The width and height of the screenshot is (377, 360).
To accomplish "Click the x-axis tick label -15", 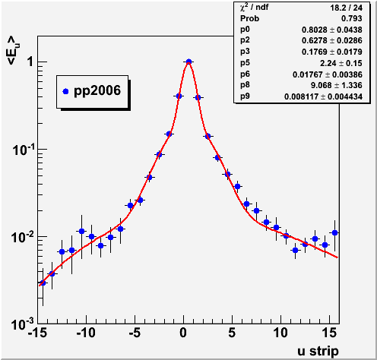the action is (37, 333).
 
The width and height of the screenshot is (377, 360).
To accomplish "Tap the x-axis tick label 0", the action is (183, 333).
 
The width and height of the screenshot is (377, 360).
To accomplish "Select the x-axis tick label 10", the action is (280, 333).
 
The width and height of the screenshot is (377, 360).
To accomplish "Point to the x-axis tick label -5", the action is (135, 333).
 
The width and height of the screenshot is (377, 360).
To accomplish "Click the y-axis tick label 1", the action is (30, 62).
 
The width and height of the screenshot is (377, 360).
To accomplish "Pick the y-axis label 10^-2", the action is (23, 237).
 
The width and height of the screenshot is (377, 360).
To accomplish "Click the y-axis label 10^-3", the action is (23, 324).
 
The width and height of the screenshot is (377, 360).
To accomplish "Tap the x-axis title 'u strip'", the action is (318, 352).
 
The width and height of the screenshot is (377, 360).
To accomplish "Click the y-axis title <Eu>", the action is (13, 50).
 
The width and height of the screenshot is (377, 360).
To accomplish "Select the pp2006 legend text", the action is (97, 91).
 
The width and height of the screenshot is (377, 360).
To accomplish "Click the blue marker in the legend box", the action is (65, 91).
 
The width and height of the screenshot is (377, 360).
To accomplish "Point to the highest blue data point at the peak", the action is (188, 62).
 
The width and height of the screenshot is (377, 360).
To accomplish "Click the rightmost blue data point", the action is (334, 232).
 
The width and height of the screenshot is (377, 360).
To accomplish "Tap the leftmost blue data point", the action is (43, 283).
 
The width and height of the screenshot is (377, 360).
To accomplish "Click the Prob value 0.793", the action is (352, 18).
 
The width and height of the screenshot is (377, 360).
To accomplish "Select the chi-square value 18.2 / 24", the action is (346, 8).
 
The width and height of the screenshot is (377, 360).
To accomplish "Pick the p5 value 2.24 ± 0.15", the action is (341, 63).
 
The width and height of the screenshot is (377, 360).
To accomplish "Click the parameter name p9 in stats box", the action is (245, 96).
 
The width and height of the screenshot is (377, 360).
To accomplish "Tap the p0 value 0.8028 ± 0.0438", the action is (332, 30).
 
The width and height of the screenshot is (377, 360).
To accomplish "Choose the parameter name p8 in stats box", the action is (245, 85).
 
